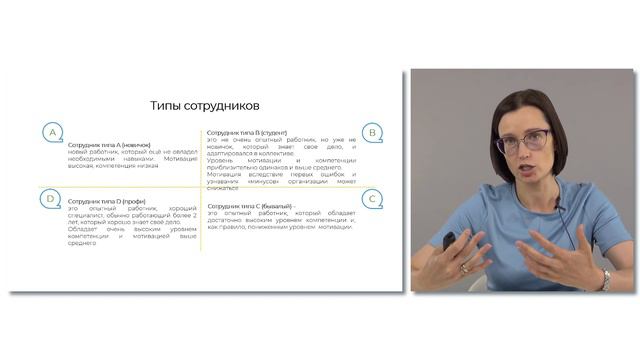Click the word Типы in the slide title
[167, 105]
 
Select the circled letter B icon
[372, 132]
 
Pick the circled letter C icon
[372, 200]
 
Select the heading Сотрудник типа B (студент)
[247, 132]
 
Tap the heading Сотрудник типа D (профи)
[105, 201]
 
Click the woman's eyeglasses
[522, 140]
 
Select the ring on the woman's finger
[464, 269]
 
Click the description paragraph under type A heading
[127, 161]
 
